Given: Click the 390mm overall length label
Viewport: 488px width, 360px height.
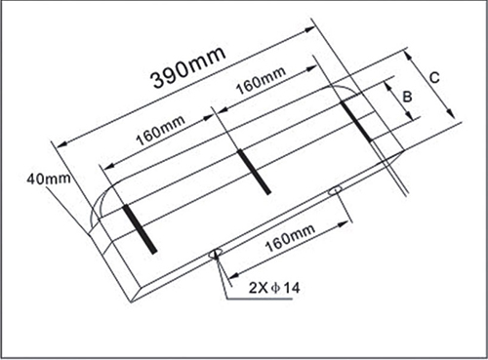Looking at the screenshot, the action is (189, 67).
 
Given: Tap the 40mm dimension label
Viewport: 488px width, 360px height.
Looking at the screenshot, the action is (49, 179).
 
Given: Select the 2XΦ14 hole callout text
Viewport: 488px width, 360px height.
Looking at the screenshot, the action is (274, 288).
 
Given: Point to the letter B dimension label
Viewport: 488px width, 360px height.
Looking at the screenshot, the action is (407, 97).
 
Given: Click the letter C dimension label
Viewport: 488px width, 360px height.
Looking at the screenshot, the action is (434, 78).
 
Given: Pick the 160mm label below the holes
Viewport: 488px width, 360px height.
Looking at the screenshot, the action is (290, 238).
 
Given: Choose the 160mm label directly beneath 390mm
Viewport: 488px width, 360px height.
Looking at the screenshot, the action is (261, 81).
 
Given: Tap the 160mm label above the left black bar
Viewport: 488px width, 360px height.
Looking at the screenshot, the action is (160, 130).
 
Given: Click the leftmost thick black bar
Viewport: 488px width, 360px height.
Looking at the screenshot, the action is (140, 228).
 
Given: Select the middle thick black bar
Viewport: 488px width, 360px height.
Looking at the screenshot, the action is (254, 172).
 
